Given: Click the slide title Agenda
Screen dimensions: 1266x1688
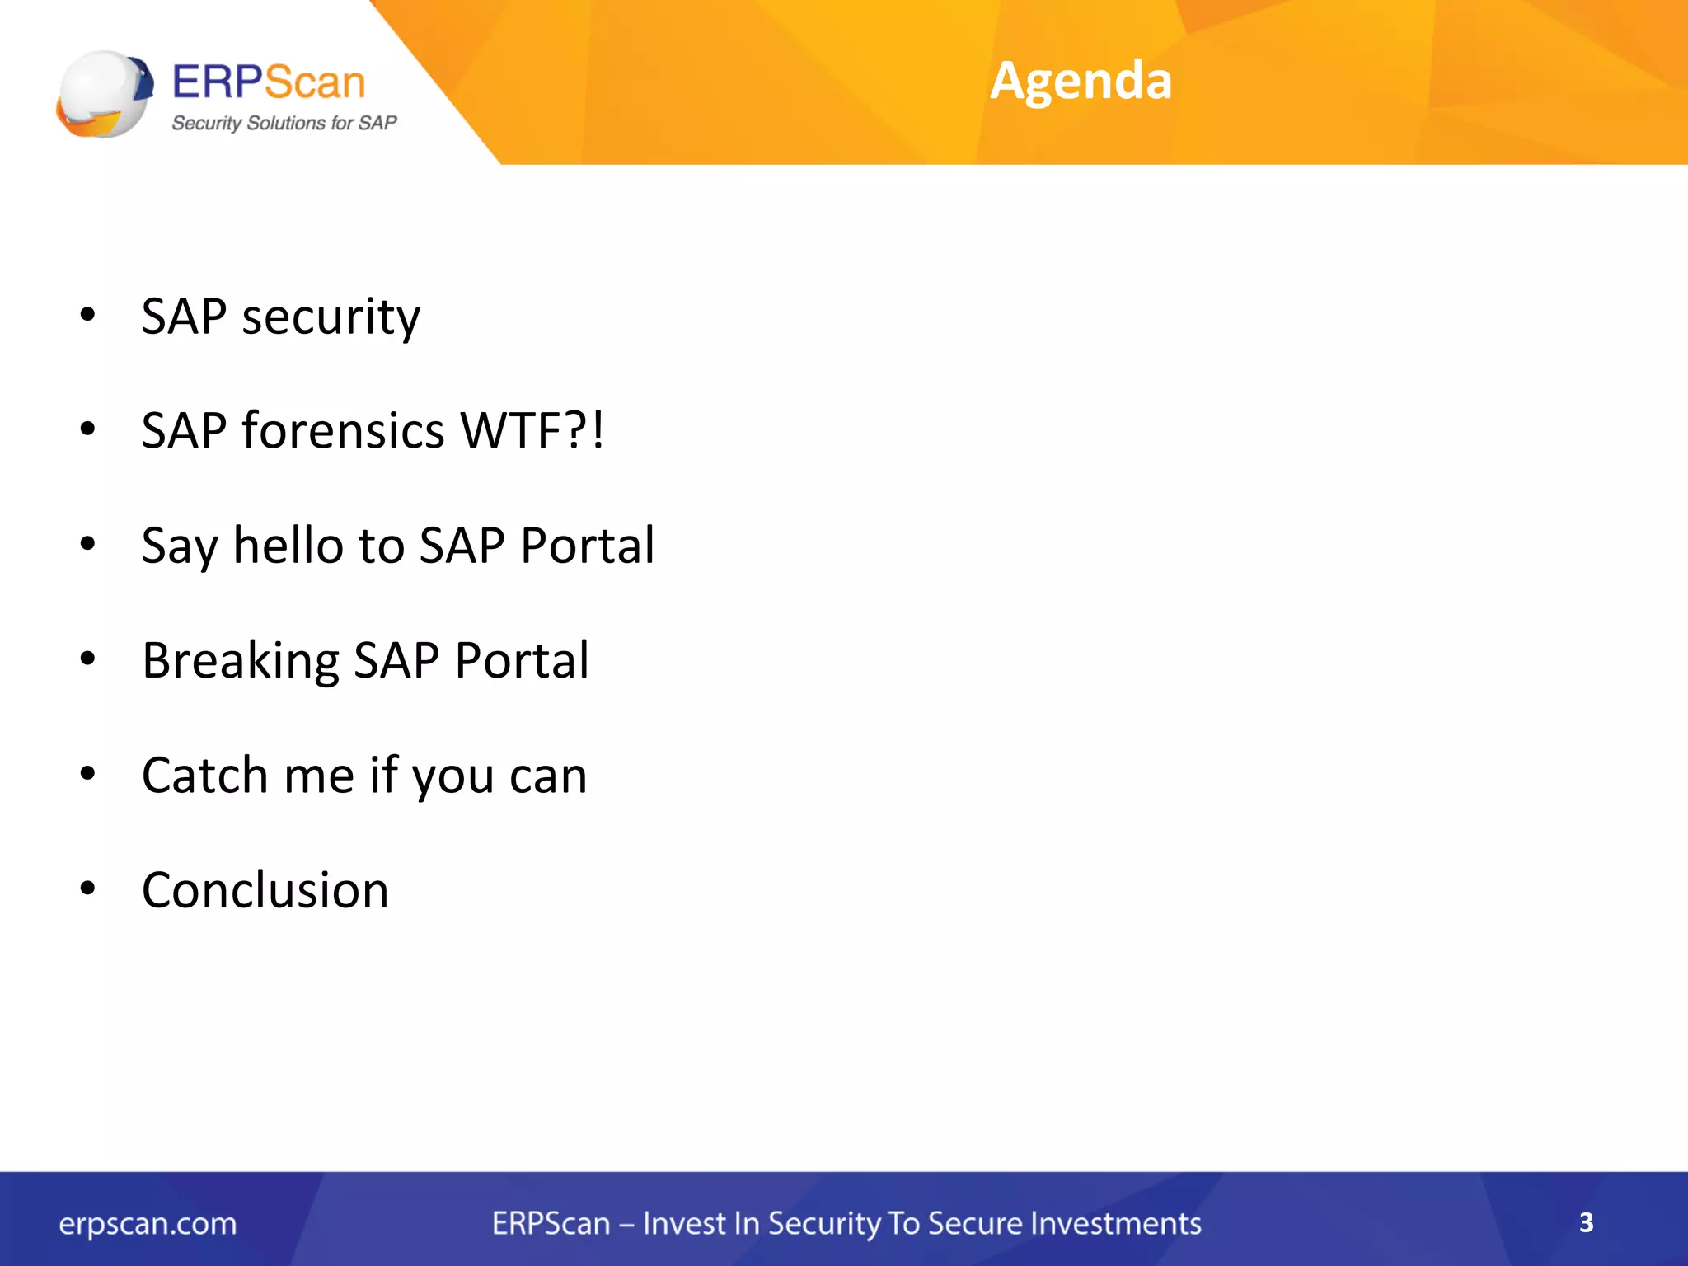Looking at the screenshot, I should pyautogui.click(x=1081, y=81).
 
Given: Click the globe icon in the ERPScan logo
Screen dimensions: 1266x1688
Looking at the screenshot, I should pyautogui.click(x=105, y=94).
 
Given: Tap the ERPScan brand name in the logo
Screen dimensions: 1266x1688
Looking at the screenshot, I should pyautogui.click(x=268, y=82).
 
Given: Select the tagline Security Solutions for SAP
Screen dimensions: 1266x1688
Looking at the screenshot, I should pyautogui.click(x=284, y=123).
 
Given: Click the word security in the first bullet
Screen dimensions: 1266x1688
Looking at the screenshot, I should pyautogui.click(x=331, y=317).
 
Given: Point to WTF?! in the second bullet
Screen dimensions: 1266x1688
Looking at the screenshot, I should pyautogui.click(x=532, y=430).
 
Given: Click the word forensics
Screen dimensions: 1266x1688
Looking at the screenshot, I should pyautogui.click(x=343, y=430).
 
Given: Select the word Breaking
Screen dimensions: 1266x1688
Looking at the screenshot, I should pyautogui.click(x=240, y=661).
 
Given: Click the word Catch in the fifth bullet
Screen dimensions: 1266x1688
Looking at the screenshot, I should pyautogui.click(x=204, y=776).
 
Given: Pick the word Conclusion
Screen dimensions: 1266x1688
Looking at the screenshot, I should pyautogui.click(x=265, y=890).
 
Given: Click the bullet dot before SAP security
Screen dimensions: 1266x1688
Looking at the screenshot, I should pyautogui.click(x=87, y=314).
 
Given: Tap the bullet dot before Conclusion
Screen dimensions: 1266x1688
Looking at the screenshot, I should pyautogui.click(x=87, y=889).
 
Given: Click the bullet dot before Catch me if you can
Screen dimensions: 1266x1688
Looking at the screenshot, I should pyautogui.click(x=87, y=773).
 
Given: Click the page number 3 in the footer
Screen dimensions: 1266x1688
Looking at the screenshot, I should pyautogui.click(x=1586, y=1222).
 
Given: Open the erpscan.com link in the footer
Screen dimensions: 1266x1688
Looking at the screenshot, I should pyautogui.click(x=148, y=1224).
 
